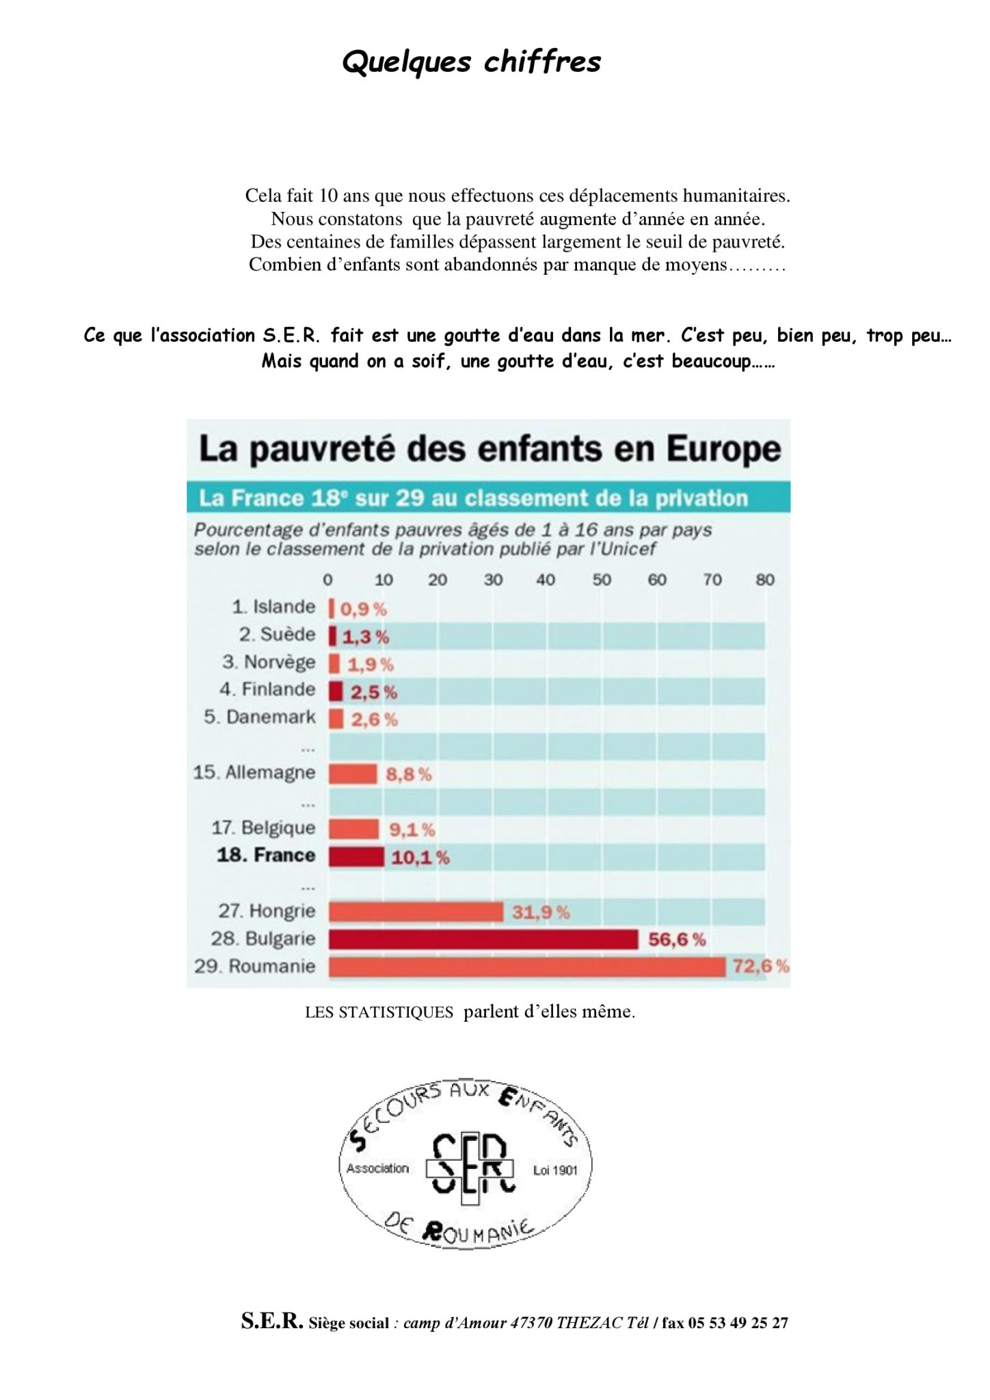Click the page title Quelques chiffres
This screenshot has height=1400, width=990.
coord(471,62)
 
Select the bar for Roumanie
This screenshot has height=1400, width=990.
coord(526,967)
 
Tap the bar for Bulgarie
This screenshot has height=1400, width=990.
coord(483,939)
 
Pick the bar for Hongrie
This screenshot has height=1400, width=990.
coord(416,912)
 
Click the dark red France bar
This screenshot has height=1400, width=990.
coord(356,857)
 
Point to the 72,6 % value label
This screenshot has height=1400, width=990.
coord(761,967)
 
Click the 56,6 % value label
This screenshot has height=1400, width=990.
coord(677,939)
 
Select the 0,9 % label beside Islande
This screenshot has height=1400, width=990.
coord(363,608)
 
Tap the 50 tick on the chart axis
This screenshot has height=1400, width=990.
coord(602,580)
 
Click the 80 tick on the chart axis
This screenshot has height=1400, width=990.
coord(765,580)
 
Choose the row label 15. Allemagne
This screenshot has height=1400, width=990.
coord(254,773)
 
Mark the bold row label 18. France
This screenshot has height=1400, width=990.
coord(266,855)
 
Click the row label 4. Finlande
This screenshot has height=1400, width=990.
coord(267,689)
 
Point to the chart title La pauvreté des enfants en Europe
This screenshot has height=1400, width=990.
coord(490,450)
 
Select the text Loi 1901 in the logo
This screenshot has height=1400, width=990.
coord(555,1170)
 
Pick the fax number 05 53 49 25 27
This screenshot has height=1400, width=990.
coord(738,1323)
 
